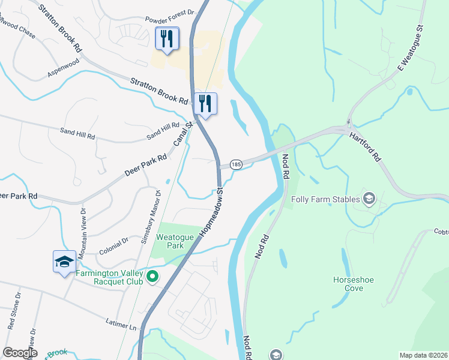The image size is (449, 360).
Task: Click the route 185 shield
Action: tap(236, 164)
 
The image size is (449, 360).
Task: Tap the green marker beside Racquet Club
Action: tap(152, 276)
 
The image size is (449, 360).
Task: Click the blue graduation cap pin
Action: tap(64, 262)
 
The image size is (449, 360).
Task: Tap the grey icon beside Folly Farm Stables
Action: tap(369, 199)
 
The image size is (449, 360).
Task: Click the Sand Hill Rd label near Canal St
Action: tap(163, 131)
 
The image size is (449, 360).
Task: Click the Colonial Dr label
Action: tap(113, 245)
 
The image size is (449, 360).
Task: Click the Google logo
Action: tap(20, 353)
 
